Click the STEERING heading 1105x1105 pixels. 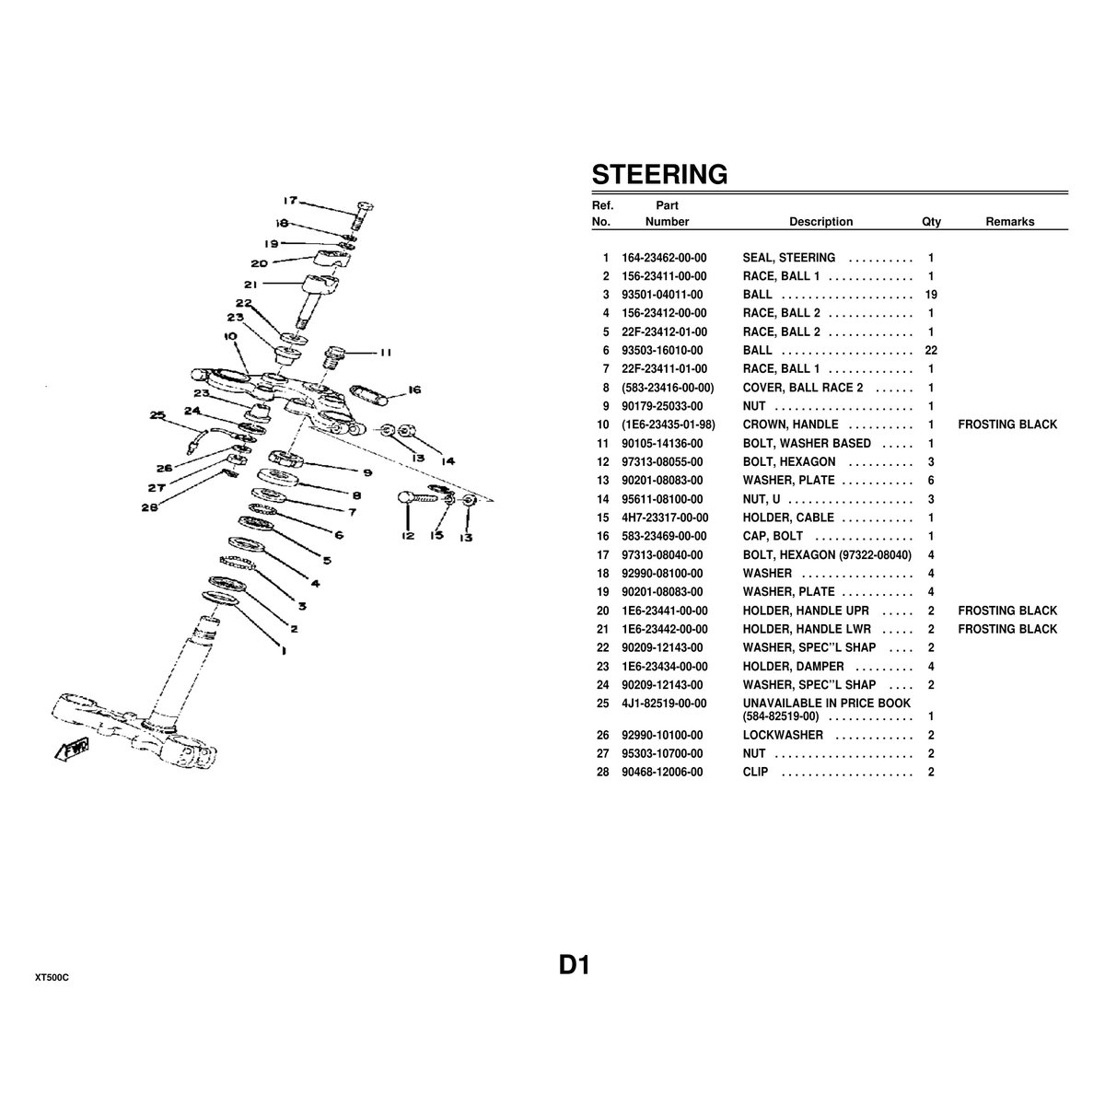pos(659,174)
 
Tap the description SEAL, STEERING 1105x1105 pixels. pos(789,258)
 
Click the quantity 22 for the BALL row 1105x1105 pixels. pos(930,351)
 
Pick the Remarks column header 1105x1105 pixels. pos(1009,222)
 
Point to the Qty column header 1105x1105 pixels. pos(931,222)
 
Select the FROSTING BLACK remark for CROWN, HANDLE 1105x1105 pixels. pos(1007,425)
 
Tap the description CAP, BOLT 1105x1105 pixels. pos(773,536)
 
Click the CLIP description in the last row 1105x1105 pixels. pos(755,772)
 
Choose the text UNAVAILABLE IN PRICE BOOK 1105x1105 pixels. pos(827,704)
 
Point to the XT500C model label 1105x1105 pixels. pos(52,977)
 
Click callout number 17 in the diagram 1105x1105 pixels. pos(289,200)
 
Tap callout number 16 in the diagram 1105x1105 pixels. pos(413,390)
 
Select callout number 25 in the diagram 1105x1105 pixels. pos(157,415)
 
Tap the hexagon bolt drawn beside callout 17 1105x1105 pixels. pos(360,215)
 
